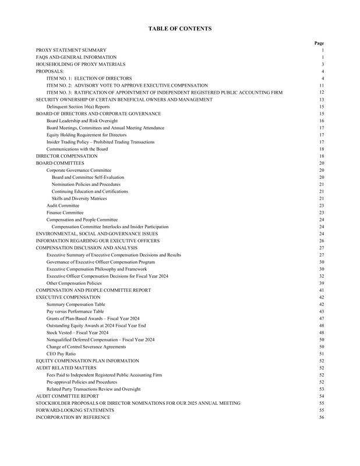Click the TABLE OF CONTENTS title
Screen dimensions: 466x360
[x=179, y=29]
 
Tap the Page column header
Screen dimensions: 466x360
[x=319, y=43]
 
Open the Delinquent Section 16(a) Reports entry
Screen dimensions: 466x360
[x=77, y=107]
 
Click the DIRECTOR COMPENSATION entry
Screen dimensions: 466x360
[x=66, y=156]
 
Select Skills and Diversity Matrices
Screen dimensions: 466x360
[x=79, y=199]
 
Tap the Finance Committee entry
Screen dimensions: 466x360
[x=65, y=213]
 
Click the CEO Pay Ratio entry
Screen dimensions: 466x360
[x=60, y=354]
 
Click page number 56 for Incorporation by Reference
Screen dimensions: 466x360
[x=321, y=417]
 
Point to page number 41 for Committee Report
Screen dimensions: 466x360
[x=321, y=290]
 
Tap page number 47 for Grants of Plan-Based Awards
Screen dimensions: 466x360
[x=321, y=319]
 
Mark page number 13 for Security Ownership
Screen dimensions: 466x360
[x=321, y=100]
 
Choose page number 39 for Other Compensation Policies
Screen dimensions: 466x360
[x=321, y=283]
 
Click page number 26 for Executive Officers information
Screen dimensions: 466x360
[x=321, y=241]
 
